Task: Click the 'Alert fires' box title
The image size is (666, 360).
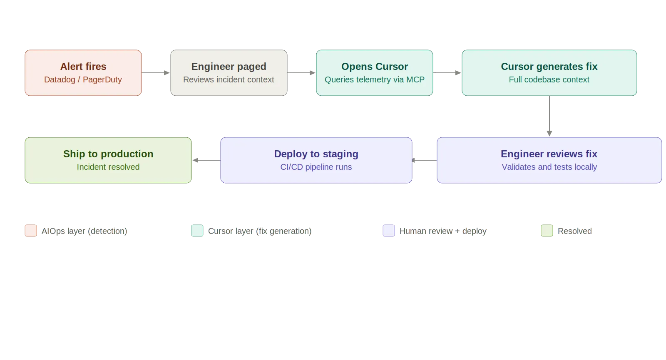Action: coord(83,67)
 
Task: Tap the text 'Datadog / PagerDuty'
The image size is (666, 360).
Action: coord(83,79)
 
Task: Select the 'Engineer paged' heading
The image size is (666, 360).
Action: coord(229,67)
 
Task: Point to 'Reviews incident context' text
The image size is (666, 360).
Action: coord(229,79)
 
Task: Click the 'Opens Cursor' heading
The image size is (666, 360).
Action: coord(374,67)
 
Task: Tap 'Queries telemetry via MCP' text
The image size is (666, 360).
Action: coord(374,79)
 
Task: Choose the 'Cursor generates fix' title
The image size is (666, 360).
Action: coord(549,67)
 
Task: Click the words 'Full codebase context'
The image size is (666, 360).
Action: coord(549,79)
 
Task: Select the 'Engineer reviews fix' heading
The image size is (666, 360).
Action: coord(549,154)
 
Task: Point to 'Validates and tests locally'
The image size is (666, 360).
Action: coord(549,167)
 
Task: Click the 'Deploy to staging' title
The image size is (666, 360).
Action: coord(316,154)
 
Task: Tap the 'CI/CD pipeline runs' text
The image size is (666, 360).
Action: coord(316,167)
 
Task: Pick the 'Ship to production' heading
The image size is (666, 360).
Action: coord(108,154)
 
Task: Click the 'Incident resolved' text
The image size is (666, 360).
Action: coord(108,167)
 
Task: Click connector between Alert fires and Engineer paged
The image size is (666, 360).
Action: coord(156,72)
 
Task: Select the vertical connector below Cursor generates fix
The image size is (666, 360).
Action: coord(549,117)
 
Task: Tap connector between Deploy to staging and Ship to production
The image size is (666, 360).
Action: coord(206,160)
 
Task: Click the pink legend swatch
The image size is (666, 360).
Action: coord(30,230)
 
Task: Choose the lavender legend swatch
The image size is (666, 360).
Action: coord(389,230)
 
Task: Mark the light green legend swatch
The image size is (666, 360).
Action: coord(547,230)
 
